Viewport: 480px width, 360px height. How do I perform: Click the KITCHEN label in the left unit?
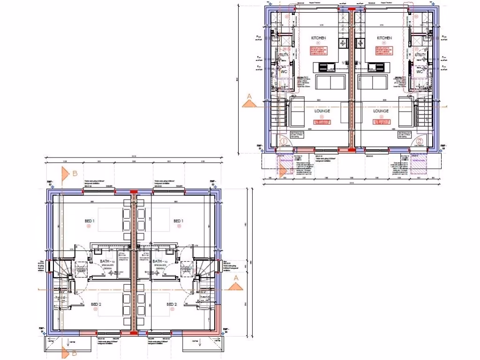(x=318, y=38)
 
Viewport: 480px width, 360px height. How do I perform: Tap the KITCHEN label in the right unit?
(x=384, y=38)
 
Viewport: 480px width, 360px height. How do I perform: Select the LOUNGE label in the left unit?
(x=322, y=111)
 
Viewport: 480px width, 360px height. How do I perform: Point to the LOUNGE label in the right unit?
(x=381, y=111)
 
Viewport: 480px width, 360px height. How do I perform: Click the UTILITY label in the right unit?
(x=420, y=55)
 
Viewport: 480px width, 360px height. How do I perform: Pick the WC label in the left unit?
(x=283, y=72)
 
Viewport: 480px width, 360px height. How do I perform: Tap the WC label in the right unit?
(x=419, y=72)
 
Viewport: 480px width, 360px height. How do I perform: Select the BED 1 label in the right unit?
(x=178, y=221)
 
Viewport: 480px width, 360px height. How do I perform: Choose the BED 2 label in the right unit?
(x=172, y=305)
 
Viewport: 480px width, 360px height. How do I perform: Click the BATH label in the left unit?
(x=106, y=261)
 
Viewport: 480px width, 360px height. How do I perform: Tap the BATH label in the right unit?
(x=157, y=261)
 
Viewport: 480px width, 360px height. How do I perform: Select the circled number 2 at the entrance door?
(x=420, y=141)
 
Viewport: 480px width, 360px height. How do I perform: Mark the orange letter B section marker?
(x=75, y=173)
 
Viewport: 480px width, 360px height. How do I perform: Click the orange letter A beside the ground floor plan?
(x=249, y=97)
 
